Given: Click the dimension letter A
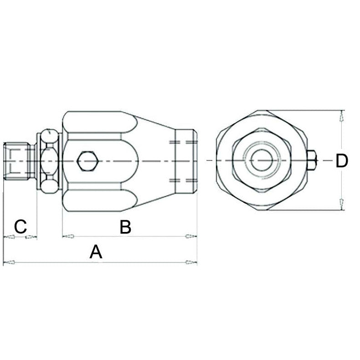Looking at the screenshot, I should point(95,252).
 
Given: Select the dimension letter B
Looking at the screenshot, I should point(125,227).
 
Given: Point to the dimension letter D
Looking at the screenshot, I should point(342,161).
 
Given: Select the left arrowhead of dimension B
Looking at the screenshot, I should point(68,236).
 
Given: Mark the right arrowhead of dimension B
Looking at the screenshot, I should point(191,236).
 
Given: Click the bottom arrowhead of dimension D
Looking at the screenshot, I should point(342,204).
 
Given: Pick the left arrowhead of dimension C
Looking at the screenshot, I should point(8,237).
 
